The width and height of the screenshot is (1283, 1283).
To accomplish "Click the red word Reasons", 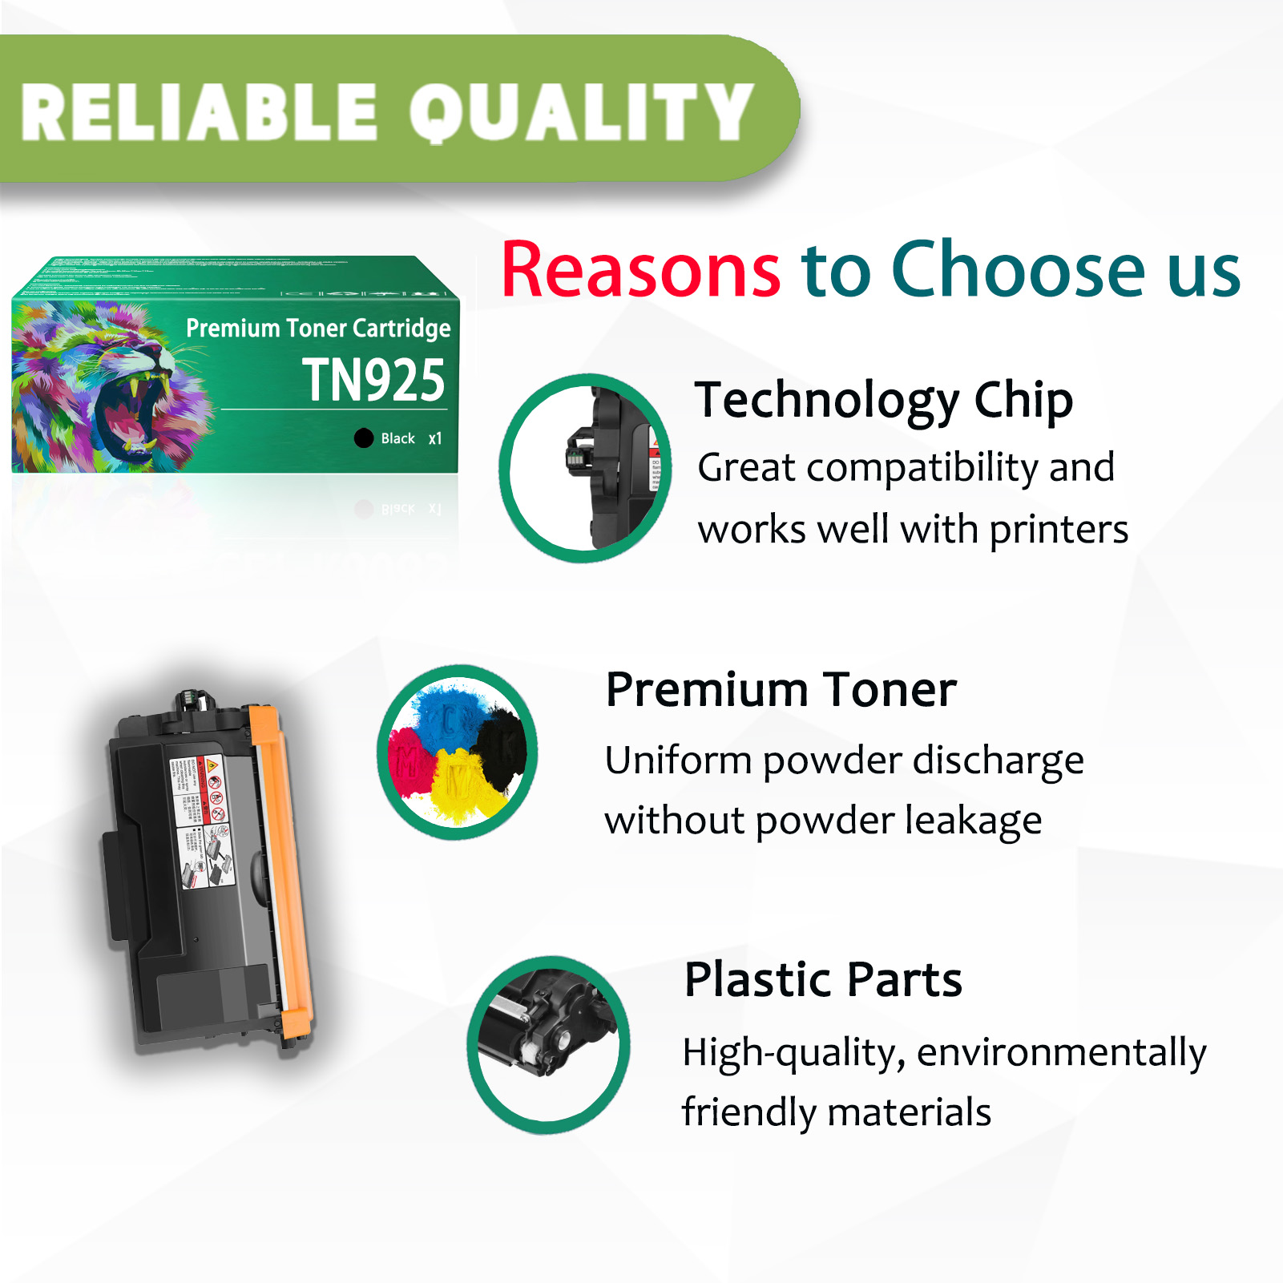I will pyautogui.click(x=640, y=271).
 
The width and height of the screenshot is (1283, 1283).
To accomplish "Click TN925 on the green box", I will pyautogui.click(x=373, y=380).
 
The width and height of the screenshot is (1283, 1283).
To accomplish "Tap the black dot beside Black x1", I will pyautogui.click(x=364, y=438).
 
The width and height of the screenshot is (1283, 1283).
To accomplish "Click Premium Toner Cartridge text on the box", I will pyautogui.click(x=318, y=328).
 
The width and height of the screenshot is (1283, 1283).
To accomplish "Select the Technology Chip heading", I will pyautogui.click(x=883, y=400).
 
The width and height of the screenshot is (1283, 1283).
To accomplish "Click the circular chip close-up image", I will pyautogui.click(x=585, y=468).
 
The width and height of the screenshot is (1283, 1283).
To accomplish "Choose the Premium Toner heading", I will pyautogui.click(x=781, y=689).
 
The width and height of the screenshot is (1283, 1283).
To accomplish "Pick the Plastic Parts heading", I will pyautogui.click(x=823, y=979).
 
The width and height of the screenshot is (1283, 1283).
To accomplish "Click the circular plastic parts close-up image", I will pyautogui.click(x=548, y=1044).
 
